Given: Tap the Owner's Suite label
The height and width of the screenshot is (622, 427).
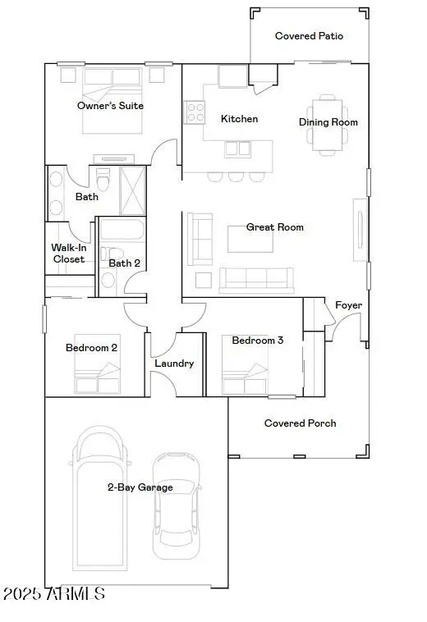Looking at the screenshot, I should click(110, 106).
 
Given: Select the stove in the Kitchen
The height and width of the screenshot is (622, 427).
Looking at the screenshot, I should click(194, 112).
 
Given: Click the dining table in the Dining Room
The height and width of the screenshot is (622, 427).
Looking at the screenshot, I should click(328, 124).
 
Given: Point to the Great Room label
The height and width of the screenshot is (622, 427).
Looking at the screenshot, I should click(275, 227).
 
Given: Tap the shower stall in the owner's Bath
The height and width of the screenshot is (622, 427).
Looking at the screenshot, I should click(132, 190).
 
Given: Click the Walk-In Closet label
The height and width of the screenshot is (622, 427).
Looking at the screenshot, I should click(68, 253).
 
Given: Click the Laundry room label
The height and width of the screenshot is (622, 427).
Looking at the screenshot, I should click(174, 363).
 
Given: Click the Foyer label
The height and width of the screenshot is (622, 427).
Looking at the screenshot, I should click(348, 305).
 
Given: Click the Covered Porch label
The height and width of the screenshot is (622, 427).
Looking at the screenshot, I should click(300, 423).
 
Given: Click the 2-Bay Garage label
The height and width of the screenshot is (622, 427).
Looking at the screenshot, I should click(140, 487).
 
